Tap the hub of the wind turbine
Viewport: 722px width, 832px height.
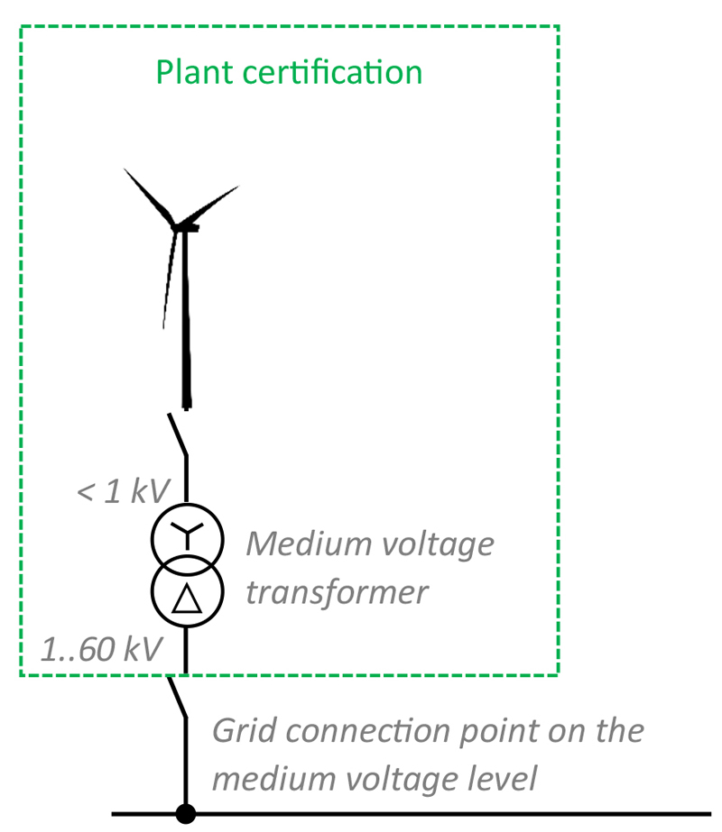(x=180, y=224)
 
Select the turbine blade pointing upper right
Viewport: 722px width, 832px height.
(x=215, y=202)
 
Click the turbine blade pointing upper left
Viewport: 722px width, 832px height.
(x=150, y=193)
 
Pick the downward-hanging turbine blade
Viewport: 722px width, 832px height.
(x=168, y=279)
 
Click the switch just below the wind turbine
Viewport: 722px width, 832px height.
(x=178, y=434)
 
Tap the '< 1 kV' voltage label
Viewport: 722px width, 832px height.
(x=123, y=492)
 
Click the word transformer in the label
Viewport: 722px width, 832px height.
(x=336, y=592)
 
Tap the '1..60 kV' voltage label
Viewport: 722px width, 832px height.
(x=101, y=647)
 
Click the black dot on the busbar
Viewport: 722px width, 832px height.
(x=185, y=814)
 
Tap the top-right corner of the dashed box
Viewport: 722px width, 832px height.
(x=559, y=26)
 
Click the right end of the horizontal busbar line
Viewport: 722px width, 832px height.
(x=708, y=814)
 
